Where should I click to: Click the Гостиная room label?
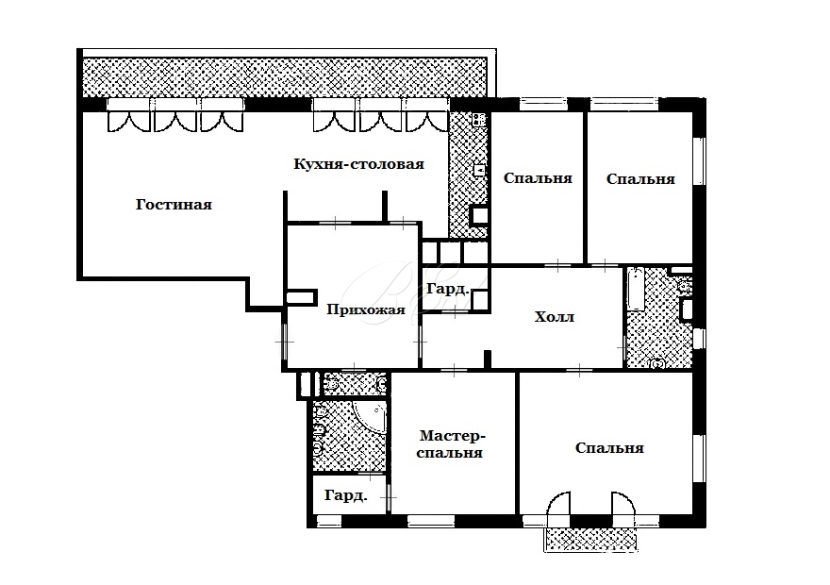174,205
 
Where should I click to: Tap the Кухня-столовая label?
359,164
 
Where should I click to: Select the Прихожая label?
366,309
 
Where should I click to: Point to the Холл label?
555,317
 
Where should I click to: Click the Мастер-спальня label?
450,444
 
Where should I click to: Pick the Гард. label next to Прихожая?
448,289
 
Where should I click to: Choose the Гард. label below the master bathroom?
345,496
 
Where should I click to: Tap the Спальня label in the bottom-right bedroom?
609,448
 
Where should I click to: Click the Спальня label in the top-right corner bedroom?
640,179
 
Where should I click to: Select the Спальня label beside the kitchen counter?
538,178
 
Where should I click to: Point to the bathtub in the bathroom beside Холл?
635,290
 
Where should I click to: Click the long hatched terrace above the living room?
285,77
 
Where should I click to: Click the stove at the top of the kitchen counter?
479,119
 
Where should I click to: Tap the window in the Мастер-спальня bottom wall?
431,521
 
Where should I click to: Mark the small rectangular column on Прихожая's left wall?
301,296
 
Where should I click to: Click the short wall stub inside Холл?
488,359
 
